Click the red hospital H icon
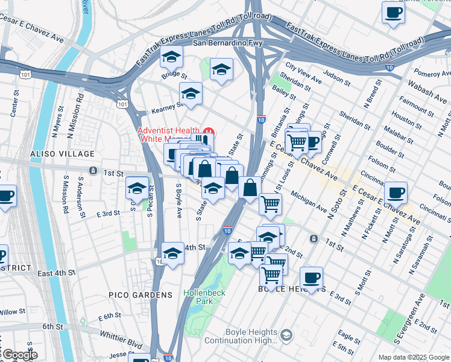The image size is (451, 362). coord(209,131)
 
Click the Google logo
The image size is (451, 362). coord(19,355)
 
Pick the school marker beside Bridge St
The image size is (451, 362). coord(171,59)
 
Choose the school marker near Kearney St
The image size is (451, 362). coord(191,94)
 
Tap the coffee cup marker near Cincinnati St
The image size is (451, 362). coord(396,193)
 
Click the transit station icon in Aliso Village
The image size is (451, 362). coord(92,171)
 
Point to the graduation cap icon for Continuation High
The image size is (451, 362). coord(286,334)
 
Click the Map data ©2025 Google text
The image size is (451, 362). coord(413,357)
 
